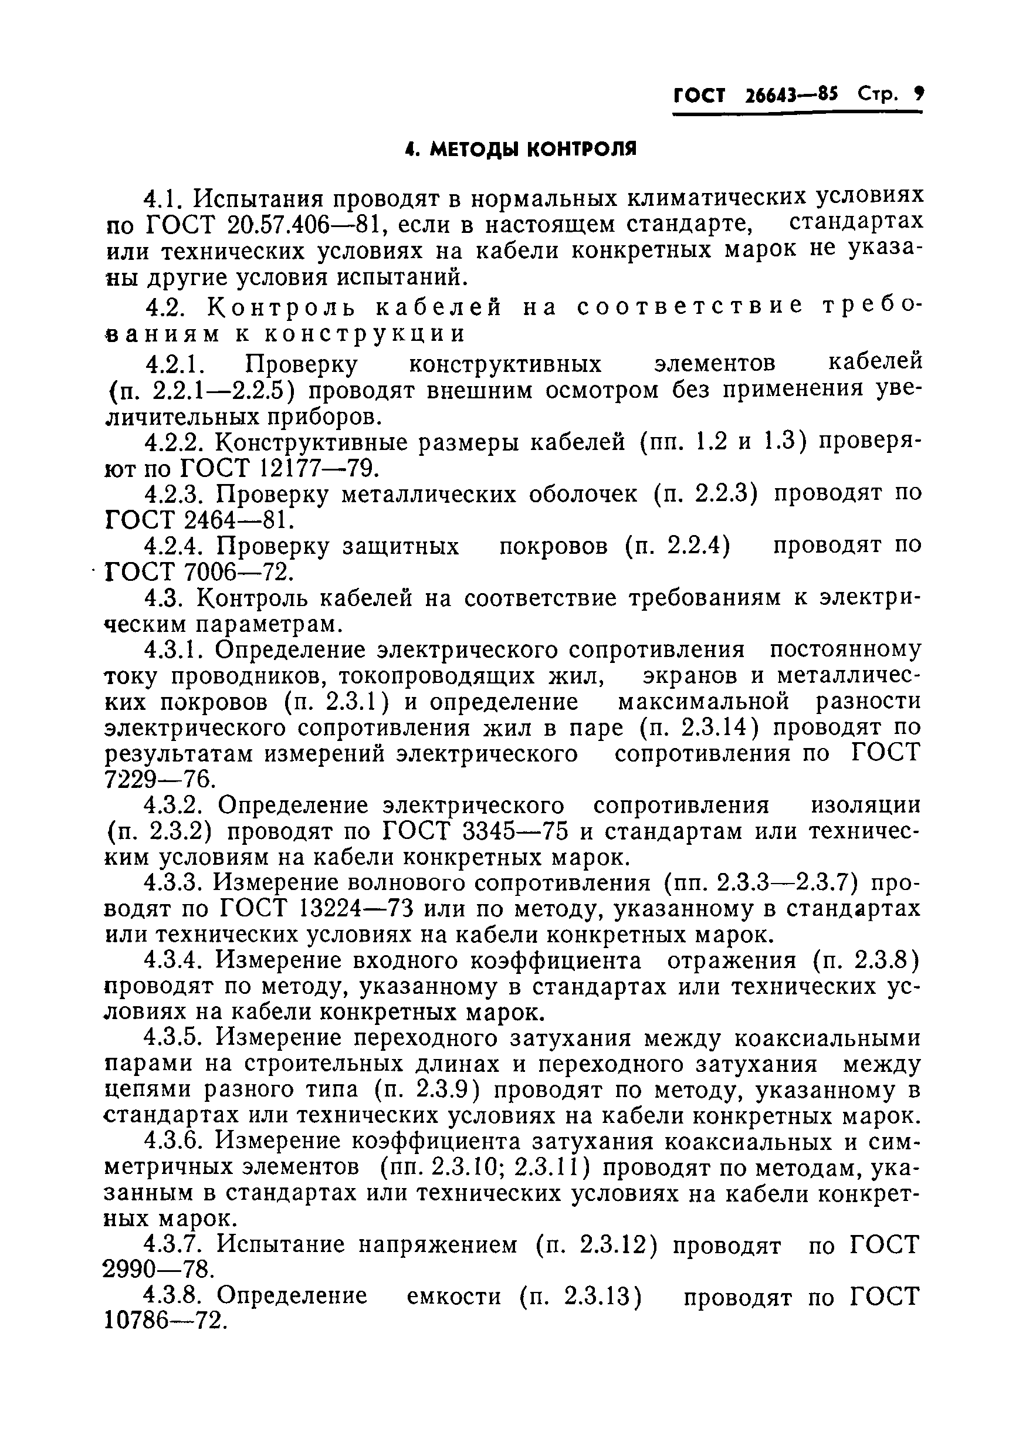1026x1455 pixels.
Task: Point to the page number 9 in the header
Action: tap(918, 94)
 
